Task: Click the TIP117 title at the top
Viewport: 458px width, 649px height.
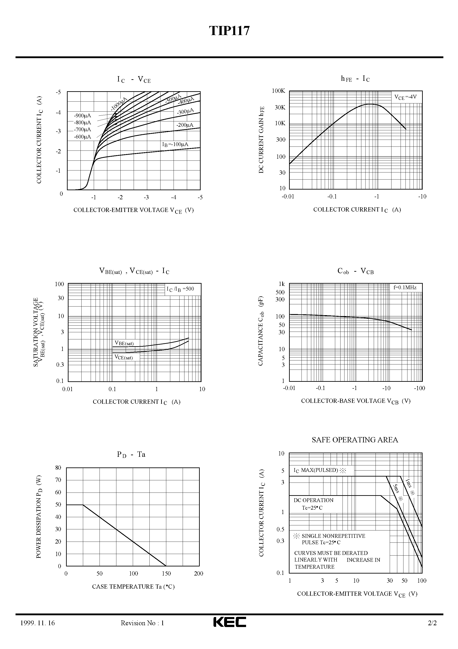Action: point(229,31)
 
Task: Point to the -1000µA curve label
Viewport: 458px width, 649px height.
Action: point(119,104)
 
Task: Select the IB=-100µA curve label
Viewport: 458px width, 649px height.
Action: point(175,144)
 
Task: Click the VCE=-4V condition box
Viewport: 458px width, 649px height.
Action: point(405,97)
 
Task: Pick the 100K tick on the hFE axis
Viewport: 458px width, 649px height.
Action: point(278,91)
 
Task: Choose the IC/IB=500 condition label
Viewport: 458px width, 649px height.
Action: point(180,289)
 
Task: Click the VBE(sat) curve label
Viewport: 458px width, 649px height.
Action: point(124,343)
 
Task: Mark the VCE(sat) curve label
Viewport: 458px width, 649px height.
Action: point(123,357)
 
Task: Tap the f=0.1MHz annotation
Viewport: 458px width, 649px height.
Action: point(405,287)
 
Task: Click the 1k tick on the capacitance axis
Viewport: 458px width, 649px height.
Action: point(282,284)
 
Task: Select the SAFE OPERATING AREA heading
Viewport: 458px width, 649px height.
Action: point(355,440)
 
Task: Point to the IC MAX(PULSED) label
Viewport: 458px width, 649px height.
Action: point(319,470)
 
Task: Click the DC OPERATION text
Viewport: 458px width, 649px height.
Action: point(313,500)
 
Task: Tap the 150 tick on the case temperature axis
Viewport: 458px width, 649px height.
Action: point(166,574)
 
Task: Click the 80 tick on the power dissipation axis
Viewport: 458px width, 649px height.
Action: point(58,468)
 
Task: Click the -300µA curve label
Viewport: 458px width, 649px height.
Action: point(185,111)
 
